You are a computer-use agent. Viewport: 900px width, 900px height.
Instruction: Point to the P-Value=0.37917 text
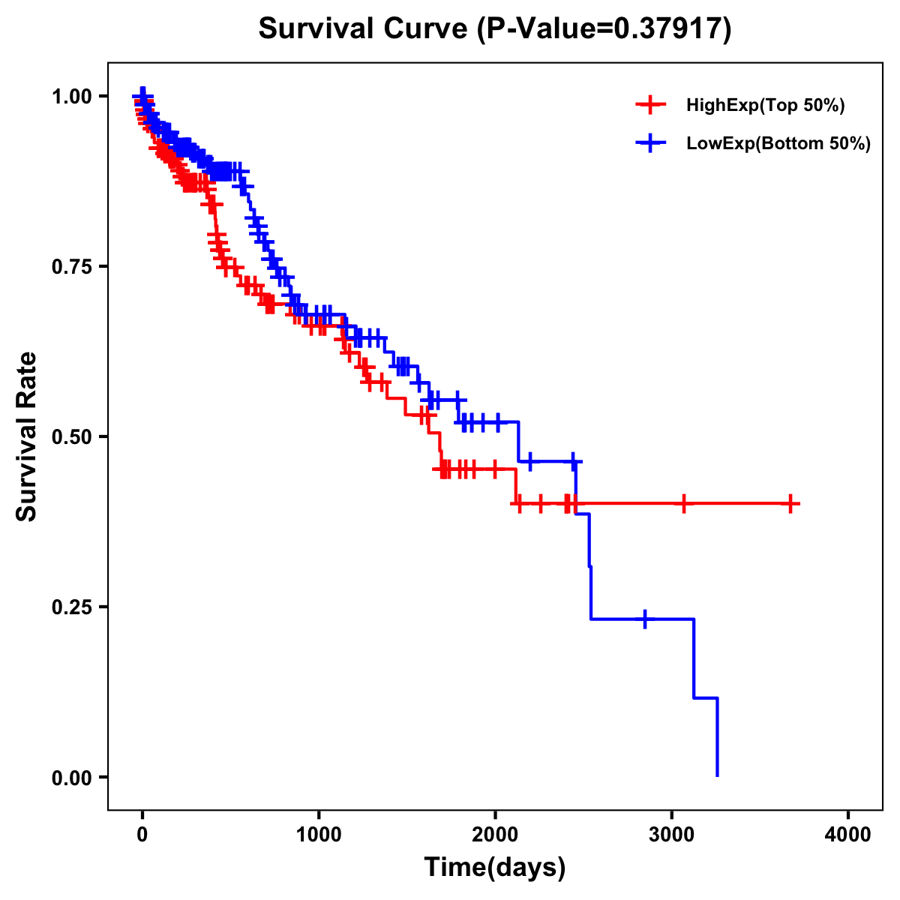[605, 28]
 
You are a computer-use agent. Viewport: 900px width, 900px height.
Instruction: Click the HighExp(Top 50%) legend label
[765, 106]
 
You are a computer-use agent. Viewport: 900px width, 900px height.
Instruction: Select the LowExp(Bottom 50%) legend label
[778, 144]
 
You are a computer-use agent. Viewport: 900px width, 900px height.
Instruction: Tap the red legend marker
[650, 105]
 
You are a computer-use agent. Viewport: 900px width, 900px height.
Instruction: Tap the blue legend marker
[650, 143]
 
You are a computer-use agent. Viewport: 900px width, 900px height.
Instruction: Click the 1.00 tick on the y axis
[71, 97]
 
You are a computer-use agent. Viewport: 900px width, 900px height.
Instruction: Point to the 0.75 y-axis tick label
[71, 266]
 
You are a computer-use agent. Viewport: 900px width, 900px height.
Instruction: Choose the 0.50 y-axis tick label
[71, 436]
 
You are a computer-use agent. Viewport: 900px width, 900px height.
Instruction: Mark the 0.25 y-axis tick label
[71, 607]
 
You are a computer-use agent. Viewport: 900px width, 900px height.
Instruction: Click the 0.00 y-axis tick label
[71, 777]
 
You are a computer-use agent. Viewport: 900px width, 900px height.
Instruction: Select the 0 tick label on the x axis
[142, 835]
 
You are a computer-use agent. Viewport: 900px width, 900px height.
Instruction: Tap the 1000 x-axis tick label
[319, 835]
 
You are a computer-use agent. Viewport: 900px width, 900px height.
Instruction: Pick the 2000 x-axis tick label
[495, 835]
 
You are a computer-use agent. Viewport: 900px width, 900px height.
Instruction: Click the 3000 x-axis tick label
[672, 835]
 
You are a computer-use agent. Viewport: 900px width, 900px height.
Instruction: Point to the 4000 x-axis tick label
[848, 835]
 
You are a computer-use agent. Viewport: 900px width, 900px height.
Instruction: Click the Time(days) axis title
[495, 868]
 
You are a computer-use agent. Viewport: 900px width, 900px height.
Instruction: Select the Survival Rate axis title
[27, 436]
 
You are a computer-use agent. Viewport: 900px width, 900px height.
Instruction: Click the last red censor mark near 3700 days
[790, 504]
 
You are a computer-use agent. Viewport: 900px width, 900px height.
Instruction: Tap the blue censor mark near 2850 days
[645, 619]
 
